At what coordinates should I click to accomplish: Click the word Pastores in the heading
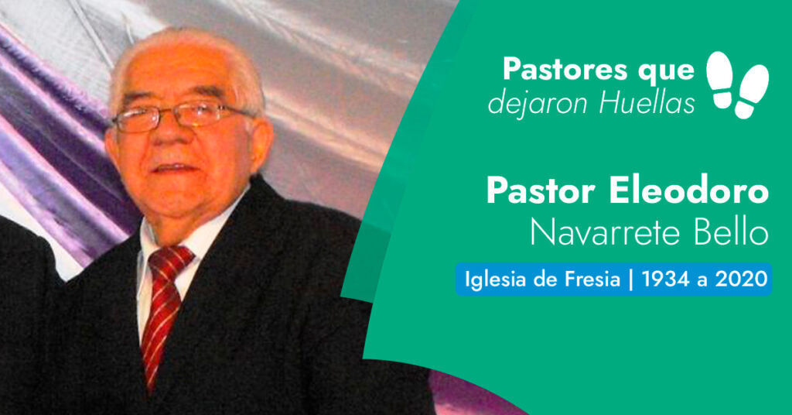565,69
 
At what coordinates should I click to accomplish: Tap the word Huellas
647,103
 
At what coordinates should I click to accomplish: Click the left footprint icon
720,79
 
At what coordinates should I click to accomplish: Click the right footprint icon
752,92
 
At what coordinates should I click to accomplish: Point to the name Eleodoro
688,191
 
